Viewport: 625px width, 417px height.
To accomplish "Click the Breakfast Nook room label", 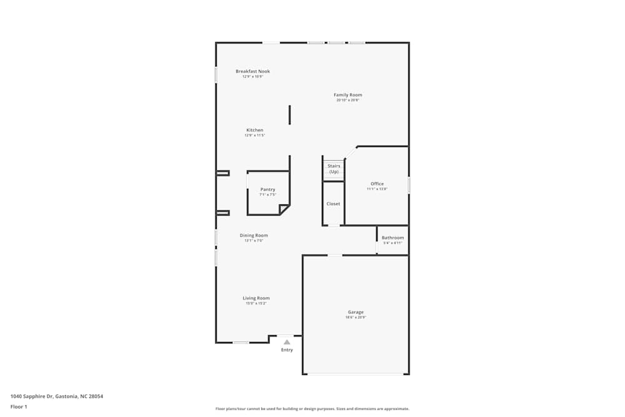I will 252,71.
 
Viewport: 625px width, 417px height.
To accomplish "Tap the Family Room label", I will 347,95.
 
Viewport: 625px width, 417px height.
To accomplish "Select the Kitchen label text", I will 254,130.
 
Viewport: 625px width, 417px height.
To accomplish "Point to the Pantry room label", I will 267,189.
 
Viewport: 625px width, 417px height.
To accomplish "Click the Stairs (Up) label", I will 334,169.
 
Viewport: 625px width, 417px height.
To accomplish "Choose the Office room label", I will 377,184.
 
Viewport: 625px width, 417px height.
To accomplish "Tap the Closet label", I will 333,204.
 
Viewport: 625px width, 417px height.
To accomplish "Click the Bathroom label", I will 392,238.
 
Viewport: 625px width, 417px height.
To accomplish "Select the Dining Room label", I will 254,236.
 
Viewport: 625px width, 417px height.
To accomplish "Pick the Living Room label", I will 256,298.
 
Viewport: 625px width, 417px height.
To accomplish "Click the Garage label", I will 356,312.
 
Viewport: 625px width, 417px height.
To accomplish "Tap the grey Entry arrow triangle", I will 287,342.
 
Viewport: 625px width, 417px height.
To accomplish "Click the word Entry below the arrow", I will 287,350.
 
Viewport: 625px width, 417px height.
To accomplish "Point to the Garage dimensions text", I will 356,318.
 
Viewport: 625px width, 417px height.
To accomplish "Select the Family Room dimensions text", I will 347,100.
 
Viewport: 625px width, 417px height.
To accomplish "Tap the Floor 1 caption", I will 19,406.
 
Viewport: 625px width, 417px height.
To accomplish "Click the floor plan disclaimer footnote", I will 312,409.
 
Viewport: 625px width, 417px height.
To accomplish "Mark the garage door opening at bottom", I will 356,374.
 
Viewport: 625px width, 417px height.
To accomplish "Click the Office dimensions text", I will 377,189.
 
